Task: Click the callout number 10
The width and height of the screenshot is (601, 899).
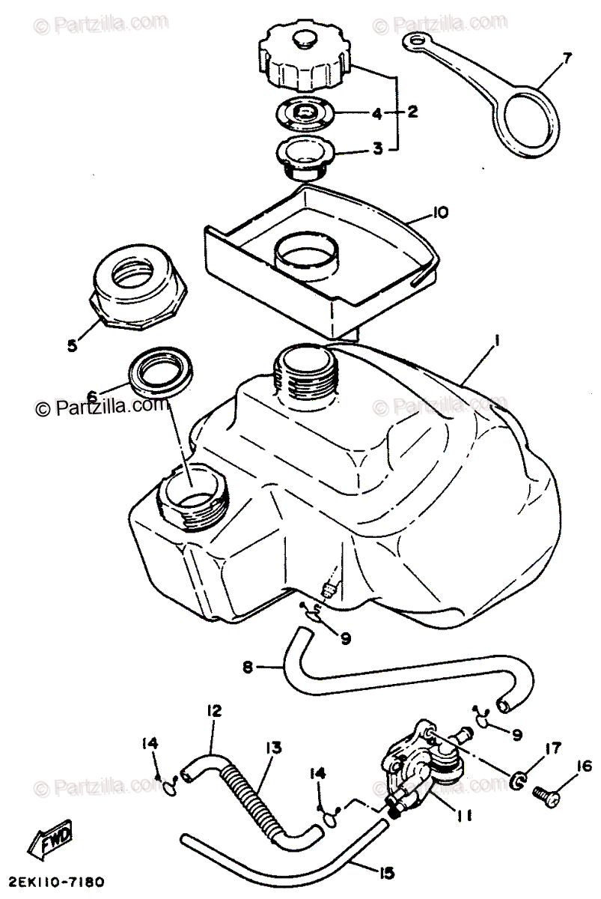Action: pyautogui.click(x=439, y=213)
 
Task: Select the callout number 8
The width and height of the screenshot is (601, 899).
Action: pyautogui.click(x=248, y=665)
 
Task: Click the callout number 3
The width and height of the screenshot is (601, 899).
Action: pyautogui.click(x=377, y=148)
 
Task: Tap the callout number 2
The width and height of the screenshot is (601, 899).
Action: pyautogui.click(x=412, y=113)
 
